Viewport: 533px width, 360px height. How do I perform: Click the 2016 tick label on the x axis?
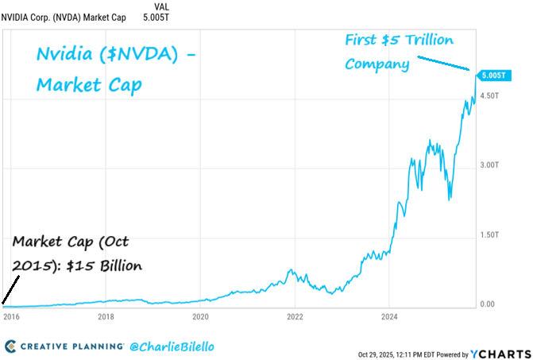pos(12,316)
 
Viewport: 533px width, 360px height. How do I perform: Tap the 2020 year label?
pos(200,316)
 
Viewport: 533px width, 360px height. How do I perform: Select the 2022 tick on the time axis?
pos(295,316)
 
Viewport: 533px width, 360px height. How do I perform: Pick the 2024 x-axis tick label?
pos(388,316)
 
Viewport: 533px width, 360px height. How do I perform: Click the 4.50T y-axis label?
pos(490,95)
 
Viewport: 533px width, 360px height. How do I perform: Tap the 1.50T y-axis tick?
pos(490,235)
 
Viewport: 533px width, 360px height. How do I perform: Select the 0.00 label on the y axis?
pos(488,304)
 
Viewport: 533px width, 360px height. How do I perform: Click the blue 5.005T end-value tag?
pos(492,75)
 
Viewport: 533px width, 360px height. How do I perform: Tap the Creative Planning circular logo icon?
pos(10,346)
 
